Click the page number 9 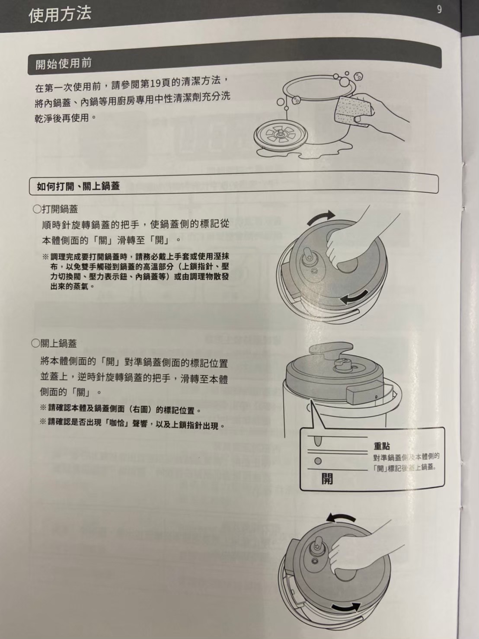coord(439,10)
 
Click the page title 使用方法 coord(60,14)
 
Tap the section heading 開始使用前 coord(64,64)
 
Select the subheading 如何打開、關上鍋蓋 coord(78,186)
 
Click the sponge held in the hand coord(351,111)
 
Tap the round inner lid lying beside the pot coord(281,135)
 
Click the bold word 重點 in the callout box coord(382,446)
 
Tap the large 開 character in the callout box coord(327,479)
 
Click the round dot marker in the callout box coord(318,461)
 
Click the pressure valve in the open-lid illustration coord(308,257)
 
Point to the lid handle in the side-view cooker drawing coord(331,349)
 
